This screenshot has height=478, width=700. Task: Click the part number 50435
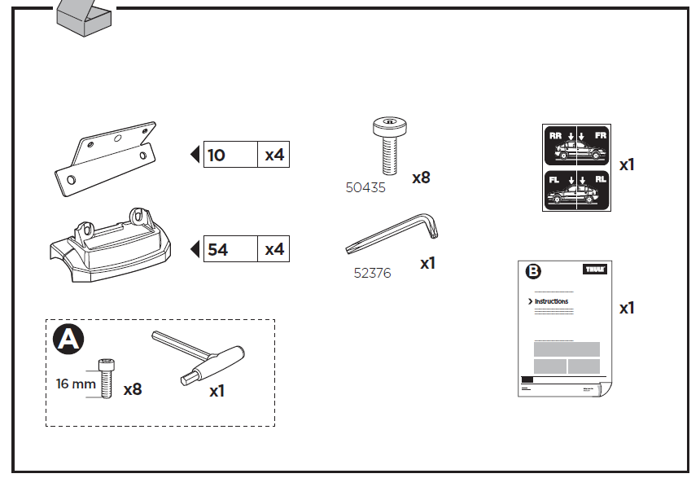[365, 187]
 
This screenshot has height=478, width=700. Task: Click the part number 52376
[372, 274]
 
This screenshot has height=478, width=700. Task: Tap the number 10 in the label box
[217, 155]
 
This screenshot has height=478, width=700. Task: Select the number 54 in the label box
[218, 250]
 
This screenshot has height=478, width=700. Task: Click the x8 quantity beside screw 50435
[421, 177]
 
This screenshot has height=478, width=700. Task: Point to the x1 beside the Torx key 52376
[428, 264]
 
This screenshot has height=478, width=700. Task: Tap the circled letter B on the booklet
[534, 272]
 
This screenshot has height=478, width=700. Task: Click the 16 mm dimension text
[76, 384]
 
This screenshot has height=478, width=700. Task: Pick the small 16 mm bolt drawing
[105, 378]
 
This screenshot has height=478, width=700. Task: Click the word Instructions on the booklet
[552, 301]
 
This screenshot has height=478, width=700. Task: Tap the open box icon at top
[84, 16]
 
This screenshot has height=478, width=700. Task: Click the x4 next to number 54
[274, 250]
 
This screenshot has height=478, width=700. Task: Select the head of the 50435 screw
[389, 126]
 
